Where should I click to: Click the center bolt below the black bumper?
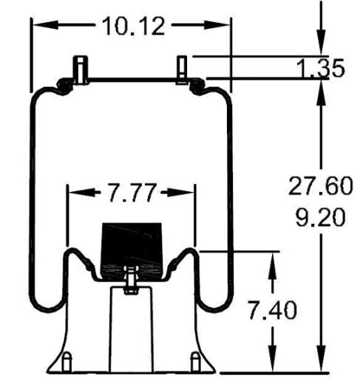click(x=131, y=282)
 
